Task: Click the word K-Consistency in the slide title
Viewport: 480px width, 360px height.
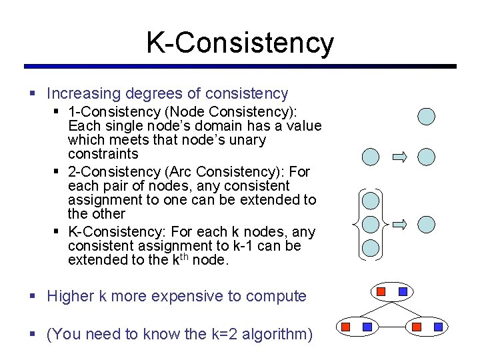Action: click(x=240, y=43)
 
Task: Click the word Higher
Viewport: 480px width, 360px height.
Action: click(x=70, y=296)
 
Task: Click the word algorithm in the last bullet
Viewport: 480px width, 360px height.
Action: click(x=269, y=334)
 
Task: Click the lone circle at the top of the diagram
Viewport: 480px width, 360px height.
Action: click(x=426, y=117)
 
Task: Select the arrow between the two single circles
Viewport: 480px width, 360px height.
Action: click(x=399, y=157)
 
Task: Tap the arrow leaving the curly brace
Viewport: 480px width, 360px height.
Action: click(x=399, y=224)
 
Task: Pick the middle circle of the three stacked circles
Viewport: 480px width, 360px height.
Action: click(x=370, y=224)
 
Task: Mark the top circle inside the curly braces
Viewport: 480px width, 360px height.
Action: click(x=370, y=200)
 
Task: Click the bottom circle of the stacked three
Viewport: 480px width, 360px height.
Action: click(x=370, y=248)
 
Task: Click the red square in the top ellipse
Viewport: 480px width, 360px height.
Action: click(x=381, y=291)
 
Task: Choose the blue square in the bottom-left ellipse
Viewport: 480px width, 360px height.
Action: click(x=367, y=327)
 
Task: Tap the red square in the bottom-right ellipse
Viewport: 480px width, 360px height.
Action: click(x=417, y=327)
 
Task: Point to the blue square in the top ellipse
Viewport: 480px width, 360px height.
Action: click(x=403, y=291)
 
